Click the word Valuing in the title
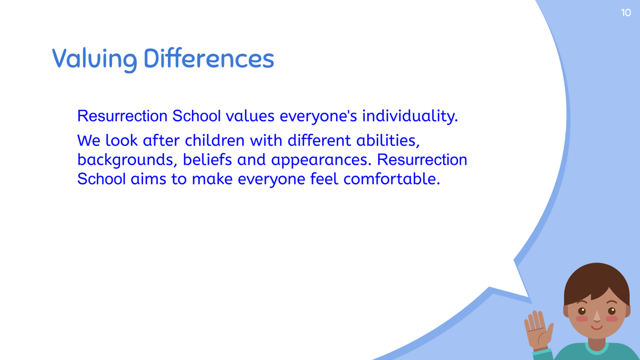94,59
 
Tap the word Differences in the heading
209,58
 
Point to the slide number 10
626,13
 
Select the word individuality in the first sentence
410,116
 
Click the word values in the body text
250,116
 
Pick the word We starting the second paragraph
89,141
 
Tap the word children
214,140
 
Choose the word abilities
388,141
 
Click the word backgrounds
125,160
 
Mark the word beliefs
207,159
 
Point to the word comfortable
391,179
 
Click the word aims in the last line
148,179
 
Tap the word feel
324,179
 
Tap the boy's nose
597,317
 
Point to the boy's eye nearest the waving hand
582,311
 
